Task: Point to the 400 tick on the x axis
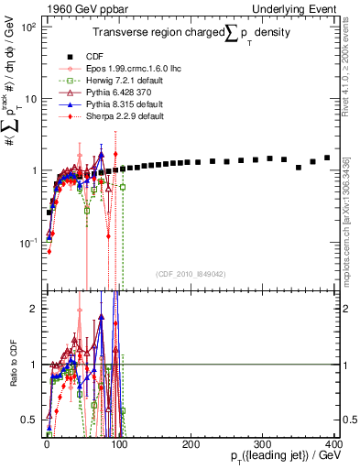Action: (333, 443)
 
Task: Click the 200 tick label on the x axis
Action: (190, 443)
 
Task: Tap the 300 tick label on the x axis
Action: (261, 443)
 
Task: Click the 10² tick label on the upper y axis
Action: (27, 27)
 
